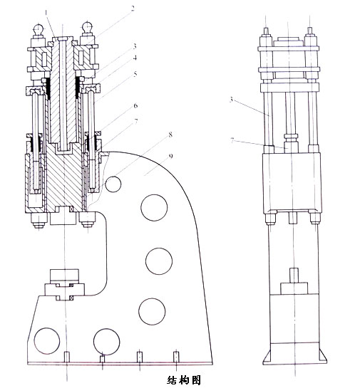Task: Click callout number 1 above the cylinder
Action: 46,12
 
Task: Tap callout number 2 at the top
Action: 133,9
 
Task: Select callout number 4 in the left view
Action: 135,58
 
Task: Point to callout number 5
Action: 135,74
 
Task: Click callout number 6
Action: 135,106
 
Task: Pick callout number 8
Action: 170,135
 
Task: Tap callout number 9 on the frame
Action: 170,156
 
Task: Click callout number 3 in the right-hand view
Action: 232,100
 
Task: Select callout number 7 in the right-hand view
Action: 232,140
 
